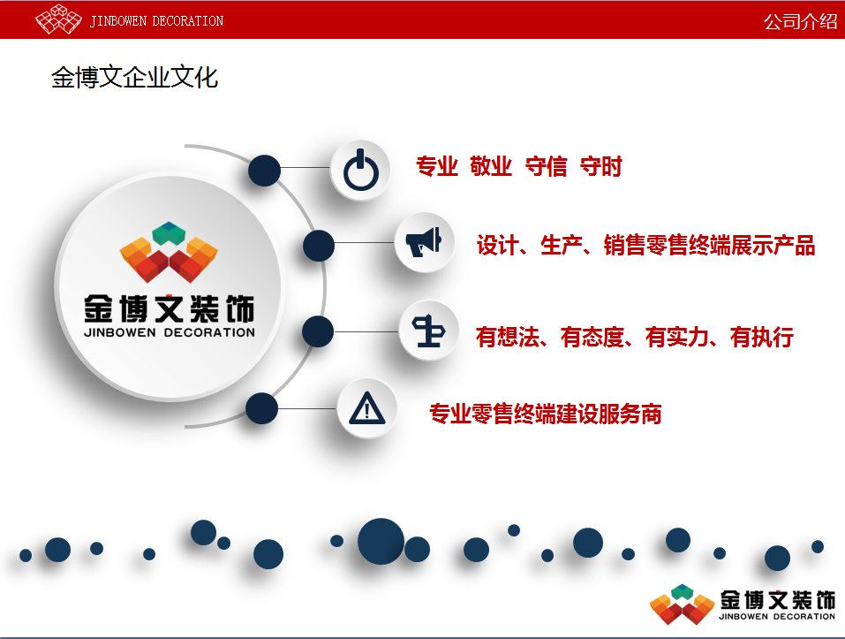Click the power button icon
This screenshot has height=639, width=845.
[x=360, y=170]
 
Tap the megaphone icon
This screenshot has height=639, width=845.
[x=424, y=242]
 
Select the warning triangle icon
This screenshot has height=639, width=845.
[x=367, y=408]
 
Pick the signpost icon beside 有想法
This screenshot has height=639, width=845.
[x=428, y=331]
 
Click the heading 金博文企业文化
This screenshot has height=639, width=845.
[x=135, y=78]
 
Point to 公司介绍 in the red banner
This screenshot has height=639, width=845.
[x=800, y=21]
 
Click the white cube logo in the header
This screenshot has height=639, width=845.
[x=58, y=19]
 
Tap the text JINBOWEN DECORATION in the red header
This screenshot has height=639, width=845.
[x=156, y=21]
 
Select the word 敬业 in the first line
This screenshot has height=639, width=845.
[x=491, y=166]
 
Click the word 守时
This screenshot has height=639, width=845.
[x=601, y=166]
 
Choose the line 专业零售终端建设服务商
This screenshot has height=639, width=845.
[x=546, y=414]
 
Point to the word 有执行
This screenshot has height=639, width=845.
[x=761, y=337]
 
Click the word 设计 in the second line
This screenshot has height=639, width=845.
[x=497, y=246]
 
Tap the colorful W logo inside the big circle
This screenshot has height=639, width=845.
[x=169, y=252]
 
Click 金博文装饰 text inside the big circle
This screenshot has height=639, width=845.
[x=170, y=309]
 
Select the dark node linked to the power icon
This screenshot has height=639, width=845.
[x=264, y=171]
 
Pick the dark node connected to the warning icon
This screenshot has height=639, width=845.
[x=261, y=408]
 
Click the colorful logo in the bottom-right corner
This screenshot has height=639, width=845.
[x=683, y=605]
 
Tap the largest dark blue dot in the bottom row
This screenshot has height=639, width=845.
[x=381, y=542]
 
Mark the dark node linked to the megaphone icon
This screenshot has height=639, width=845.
[x=319, y=246]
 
